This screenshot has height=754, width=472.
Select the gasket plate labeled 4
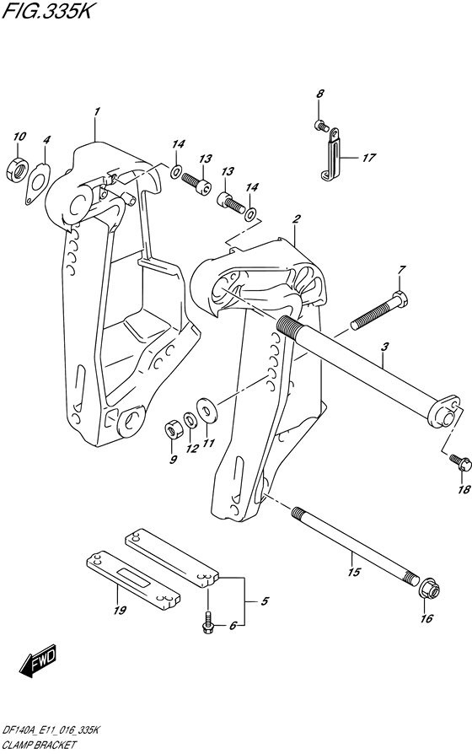(38, 184)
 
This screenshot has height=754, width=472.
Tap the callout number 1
(97, 111)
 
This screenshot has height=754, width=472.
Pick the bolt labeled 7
(380, 310)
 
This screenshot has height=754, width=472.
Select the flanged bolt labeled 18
(460, 462)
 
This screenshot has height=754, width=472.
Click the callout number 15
(354, 572)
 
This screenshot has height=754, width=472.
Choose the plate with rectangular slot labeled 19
(132, 578)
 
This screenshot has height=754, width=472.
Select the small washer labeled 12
(190, 420)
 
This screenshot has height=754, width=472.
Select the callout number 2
(297, 219)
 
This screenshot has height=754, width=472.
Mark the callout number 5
(265, 601)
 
